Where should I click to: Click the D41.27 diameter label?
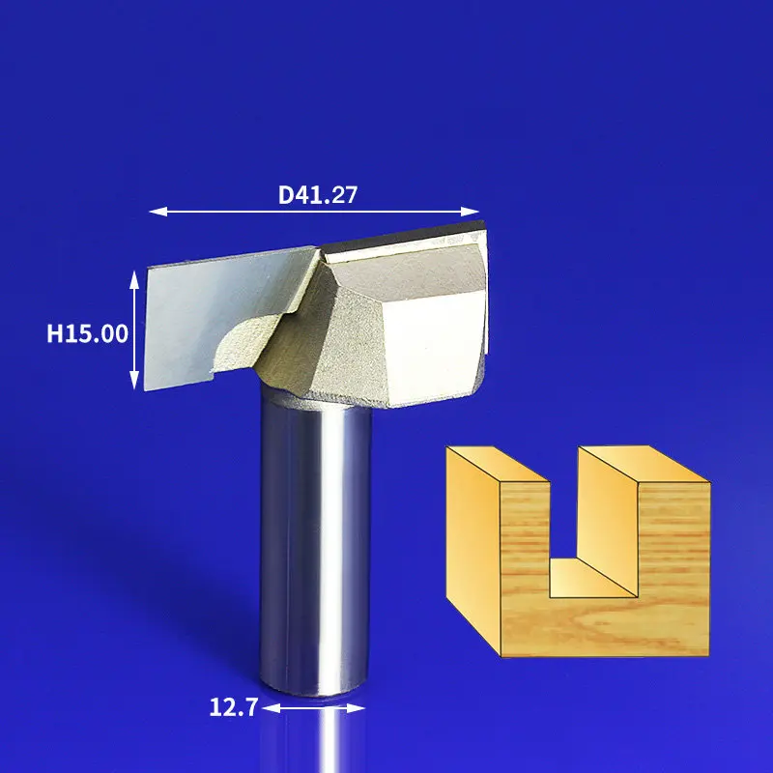(x=318, y=195)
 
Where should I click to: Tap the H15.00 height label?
(x=87, y=333)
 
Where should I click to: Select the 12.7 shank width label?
(x=233, y=707)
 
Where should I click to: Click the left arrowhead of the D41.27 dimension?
(x=157, y=212)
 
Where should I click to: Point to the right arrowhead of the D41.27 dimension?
(x=470, y=212)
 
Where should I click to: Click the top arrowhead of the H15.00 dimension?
(x=134, y=279)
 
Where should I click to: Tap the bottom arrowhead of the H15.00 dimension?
(x=134, y=380)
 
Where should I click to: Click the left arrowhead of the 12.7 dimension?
(x=272, y=708)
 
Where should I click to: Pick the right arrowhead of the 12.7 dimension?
(x=356, y=708)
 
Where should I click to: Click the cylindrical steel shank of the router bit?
(x=316, y=542)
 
